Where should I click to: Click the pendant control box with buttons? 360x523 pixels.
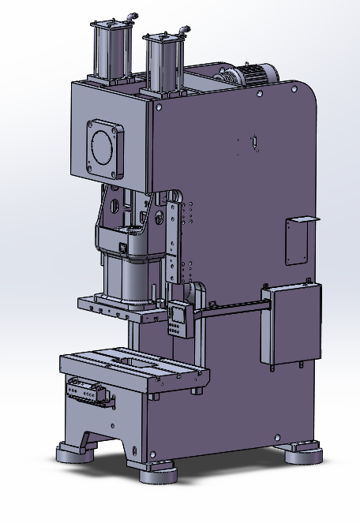[x=180, y=319]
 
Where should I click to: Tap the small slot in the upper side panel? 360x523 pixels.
[x=255, y=142]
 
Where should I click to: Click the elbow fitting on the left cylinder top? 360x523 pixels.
[x=133, y=15]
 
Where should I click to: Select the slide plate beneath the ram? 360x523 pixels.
[x=118, y=306]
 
